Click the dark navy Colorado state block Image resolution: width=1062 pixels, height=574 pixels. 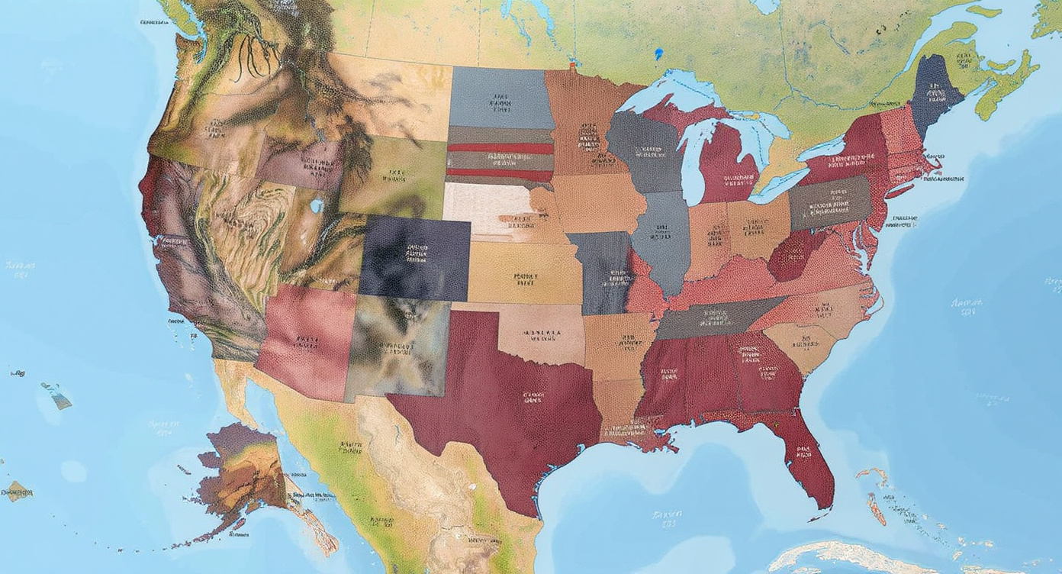tap(414, 258)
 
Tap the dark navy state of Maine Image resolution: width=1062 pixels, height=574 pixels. tap(936, 95)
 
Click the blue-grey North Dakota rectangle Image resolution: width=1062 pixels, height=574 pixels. tap(500, 98)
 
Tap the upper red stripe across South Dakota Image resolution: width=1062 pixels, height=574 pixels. tap(500, 148)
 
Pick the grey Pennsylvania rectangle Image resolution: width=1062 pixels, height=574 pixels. tap(829, 202)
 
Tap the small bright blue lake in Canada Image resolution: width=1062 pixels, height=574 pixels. tap(658, 54)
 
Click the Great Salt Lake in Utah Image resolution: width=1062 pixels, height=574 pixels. tap(317, 206)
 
